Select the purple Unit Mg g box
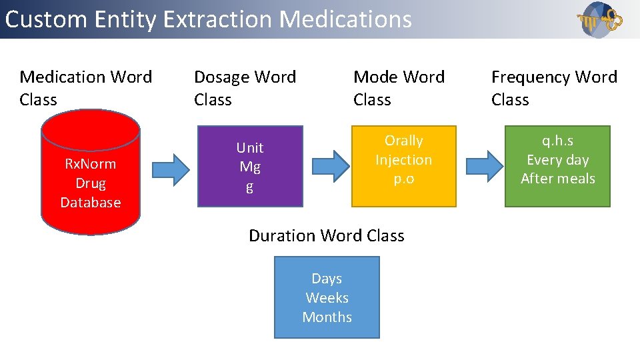[250, 167]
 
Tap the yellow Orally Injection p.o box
[404, 165]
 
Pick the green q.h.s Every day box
[557, 165]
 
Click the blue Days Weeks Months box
[327, 297]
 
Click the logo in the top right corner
[600, 20]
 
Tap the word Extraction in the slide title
[218, 19]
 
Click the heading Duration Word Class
[327, 235]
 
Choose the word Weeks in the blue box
[327, 298]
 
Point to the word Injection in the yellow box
[403, 160]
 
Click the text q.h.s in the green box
[557, 141]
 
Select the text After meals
[557, 179]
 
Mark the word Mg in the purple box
[250, 167]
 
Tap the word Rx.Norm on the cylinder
[90, 164]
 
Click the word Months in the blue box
[327, 317]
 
